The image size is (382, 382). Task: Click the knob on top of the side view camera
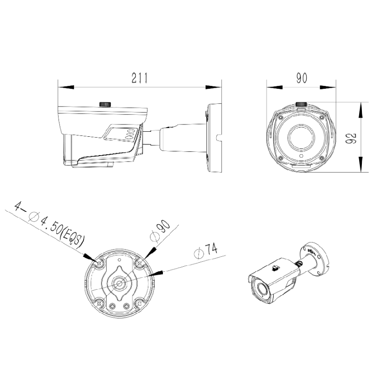[x=106, y=104]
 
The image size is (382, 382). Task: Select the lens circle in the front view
[x=301, y=136]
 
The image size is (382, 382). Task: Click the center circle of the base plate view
[x=119, y=282]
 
